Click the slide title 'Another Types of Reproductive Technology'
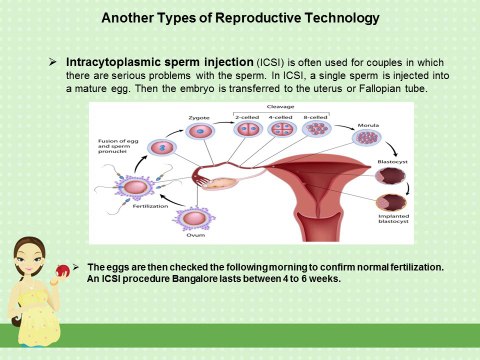240,19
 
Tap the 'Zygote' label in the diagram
198,117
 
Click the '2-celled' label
246,117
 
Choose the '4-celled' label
280,117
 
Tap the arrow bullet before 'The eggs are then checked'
77,265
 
